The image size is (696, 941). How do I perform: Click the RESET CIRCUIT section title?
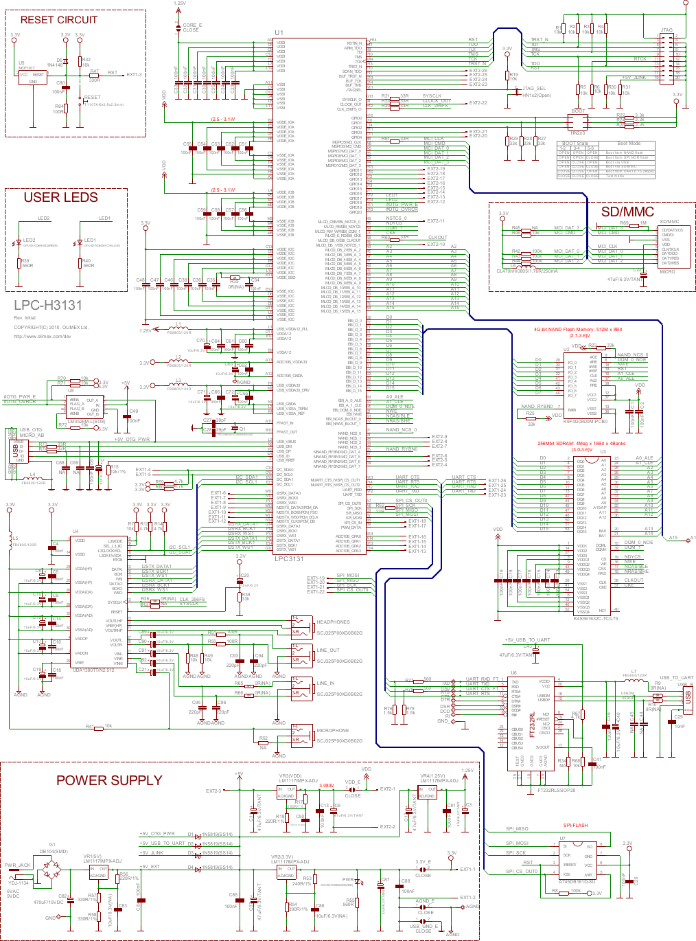pos(58,20)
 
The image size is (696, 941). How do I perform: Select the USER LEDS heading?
pos(60,198)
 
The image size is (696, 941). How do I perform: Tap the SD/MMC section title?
pos(627,212)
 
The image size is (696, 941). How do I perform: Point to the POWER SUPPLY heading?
pos(109,780)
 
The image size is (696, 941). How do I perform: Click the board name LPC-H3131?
pos(48,306)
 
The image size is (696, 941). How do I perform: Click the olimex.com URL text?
pos(43,336)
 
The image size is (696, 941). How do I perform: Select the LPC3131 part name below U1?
pos(289,558)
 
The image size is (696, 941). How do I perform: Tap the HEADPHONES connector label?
pos(333,622)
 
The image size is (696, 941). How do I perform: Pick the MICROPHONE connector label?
pos(332,730)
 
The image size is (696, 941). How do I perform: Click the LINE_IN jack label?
pos(326,683)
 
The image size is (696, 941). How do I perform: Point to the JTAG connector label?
pos(666,30)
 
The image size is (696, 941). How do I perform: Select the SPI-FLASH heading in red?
pos(575,825)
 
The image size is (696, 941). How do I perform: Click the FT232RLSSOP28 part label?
pos(556,790)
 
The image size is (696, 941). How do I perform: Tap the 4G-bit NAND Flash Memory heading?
pos(578,330)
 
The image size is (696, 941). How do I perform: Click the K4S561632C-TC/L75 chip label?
pos(595,618)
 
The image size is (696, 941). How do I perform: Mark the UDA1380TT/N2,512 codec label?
pos(93,670)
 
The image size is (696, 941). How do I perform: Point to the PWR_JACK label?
pos(17,865)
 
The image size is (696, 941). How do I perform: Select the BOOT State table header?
pos(575,144)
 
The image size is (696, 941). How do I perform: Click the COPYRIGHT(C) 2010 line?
pos(51,327)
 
